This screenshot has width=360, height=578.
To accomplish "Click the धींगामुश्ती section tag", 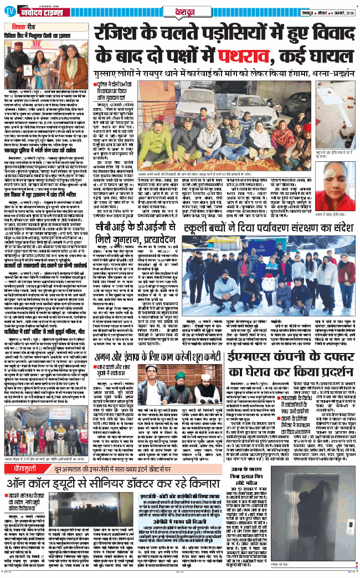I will (22, 469).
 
